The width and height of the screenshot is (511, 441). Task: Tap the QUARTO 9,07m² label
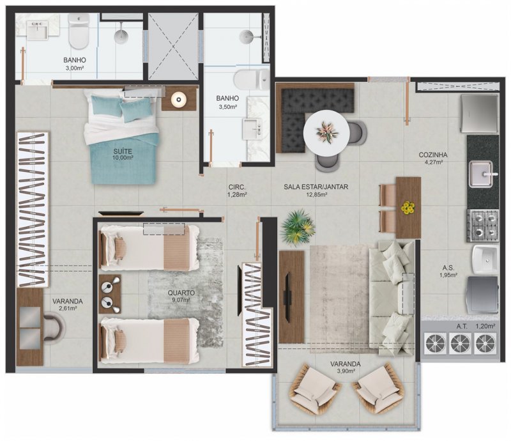(x=179, y=296)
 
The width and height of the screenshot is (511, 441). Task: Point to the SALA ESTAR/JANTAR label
(x=316, y=190)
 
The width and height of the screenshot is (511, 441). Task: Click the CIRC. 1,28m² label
(x=237, y=191)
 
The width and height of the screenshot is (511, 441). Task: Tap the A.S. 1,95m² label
(x=448, y=272)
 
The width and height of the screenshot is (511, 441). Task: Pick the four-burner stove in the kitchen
(x=483, y=226)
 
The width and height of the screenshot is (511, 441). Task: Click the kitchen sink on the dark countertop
(x=481, y=175)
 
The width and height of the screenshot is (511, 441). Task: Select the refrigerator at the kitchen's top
(x=479, y=114)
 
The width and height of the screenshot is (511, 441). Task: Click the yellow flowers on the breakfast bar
(x=408, y=208)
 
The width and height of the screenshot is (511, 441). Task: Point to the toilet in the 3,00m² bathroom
(x=79, y=31)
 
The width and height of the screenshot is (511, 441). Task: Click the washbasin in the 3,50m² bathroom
(x=252, y=127)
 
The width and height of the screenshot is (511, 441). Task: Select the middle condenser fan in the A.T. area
(x=460, y=343)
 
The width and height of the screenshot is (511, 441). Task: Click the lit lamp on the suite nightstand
(x=179, y=99)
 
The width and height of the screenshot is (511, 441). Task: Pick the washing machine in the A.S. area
(x=483, y=295)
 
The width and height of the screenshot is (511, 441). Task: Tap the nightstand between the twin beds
(x=110, y=294)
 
